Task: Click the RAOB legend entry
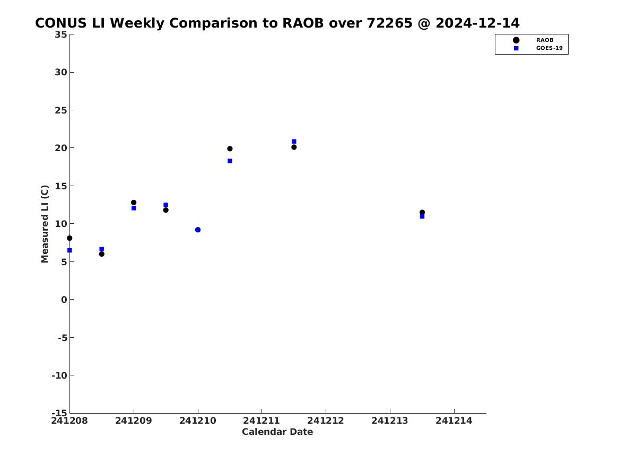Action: click(x=533, y=40)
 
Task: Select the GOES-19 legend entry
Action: click(x=538, y=48)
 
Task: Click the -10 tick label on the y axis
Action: click(x=59, y=375)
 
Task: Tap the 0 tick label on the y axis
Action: click(x=64, y=300)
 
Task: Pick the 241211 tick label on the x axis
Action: click(x=261, y=421)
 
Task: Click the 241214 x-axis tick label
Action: click(x=454, y=421)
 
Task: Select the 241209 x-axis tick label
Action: click(x=134, y=421)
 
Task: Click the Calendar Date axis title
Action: click(x=277, y=432)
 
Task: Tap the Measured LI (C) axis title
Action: click(x=45, y=224)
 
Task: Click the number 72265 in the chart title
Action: click(x=390, y=23)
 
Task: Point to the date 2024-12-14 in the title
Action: click(x=478, y=23)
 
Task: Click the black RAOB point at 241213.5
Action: click(x=422, y=212)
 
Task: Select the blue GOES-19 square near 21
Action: click(x=294, y=141)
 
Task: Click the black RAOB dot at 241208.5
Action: click(x=101, y=254)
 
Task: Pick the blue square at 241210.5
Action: click(x=230, y=161)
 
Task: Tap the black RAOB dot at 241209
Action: click(x=134, y=203)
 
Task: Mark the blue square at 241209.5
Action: click(x=166, y=205)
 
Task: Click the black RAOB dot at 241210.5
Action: click(x=230, y=149)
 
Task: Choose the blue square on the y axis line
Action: click(x=69, y=250)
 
